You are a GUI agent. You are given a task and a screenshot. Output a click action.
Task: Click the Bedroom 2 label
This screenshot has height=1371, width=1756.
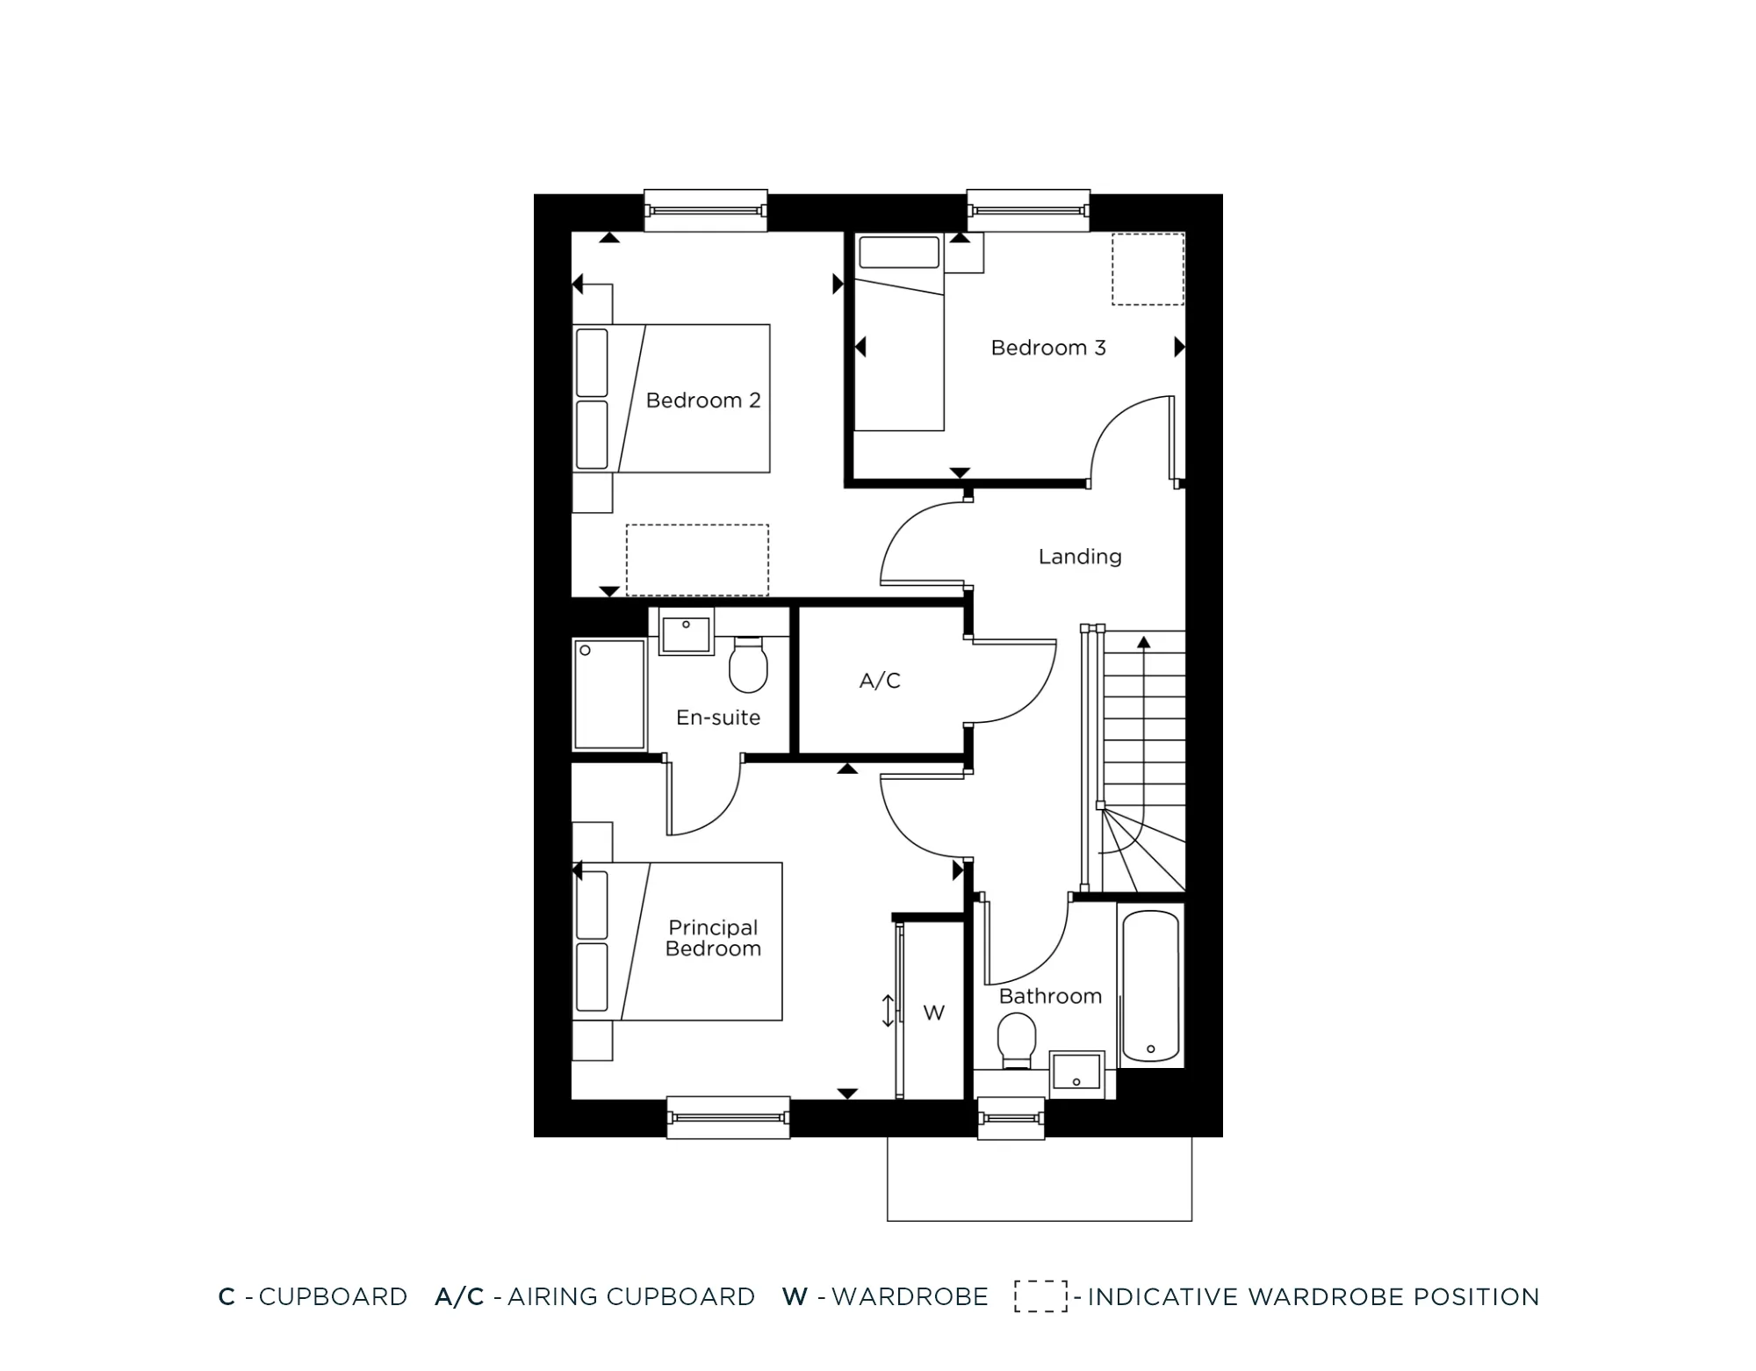[702, 400]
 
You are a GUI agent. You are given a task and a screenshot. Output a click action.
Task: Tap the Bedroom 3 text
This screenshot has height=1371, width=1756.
[1047, 348]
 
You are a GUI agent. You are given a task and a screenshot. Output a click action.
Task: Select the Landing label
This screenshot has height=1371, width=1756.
[1079, 556]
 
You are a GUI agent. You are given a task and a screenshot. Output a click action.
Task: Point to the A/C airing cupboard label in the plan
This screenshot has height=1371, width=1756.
[880, 680]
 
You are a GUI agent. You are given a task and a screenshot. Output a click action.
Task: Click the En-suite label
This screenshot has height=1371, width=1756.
[717, 718]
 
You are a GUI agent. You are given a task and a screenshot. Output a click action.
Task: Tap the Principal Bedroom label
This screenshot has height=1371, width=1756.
[712, 938]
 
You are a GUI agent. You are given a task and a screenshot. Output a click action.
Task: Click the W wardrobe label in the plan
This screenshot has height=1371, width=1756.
[933, 1013]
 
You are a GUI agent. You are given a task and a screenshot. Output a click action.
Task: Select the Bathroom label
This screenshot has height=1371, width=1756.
[1050, 996]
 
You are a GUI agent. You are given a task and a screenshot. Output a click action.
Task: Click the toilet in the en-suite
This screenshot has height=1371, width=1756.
[748, 666]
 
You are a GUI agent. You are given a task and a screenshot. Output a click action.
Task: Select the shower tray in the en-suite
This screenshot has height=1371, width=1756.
[609, 695]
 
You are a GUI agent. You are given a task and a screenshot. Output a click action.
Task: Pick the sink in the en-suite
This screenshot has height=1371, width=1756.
[685, 634]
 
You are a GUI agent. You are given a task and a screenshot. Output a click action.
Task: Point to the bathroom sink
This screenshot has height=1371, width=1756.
[1076, 1072]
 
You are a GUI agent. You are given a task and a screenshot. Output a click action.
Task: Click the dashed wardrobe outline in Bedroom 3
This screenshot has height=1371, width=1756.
[1148, 269]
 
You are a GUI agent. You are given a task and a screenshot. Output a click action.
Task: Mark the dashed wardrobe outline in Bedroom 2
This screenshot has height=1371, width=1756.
[697, 559]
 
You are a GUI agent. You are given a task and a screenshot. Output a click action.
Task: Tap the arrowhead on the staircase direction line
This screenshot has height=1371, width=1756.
[1143, 643]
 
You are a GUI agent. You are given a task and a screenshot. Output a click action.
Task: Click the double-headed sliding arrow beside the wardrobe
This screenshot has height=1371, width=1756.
[888, 1010]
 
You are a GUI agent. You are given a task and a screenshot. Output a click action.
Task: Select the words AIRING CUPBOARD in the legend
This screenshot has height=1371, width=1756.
[630, 1296]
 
